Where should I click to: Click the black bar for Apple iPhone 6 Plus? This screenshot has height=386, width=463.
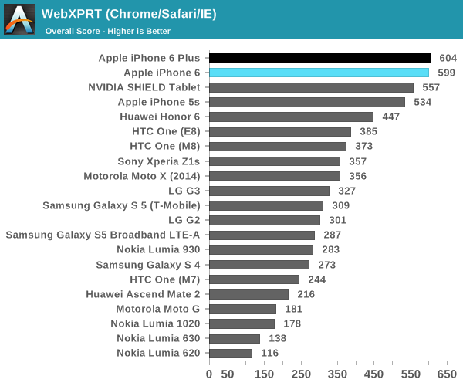[319, 58]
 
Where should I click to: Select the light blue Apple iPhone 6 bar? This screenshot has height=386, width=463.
[319, 73]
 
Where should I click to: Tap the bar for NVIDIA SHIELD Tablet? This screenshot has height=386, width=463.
[311, 87]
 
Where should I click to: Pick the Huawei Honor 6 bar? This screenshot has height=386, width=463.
[291, 117]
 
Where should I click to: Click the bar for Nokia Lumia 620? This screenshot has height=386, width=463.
[231, 353]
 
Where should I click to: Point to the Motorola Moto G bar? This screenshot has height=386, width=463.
[242, 309]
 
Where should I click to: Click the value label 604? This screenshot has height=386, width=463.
[448, 58]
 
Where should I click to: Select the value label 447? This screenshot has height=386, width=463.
[391, 117]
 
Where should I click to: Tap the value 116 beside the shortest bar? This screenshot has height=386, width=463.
[270, 353]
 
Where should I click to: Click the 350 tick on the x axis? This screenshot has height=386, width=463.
[338, 374]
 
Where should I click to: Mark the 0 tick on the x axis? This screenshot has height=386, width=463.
[209, 374]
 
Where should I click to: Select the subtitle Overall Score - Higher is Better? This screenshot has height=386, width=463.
[107, 31]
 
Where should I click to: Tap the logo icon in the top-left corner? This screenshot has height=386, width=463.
[19, 19]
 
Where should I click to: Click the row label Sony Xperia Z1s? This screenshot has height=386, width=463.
[158, 161]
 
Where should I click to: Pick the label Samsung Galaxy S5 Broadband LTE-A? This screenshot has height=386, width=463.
[103, 235]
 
